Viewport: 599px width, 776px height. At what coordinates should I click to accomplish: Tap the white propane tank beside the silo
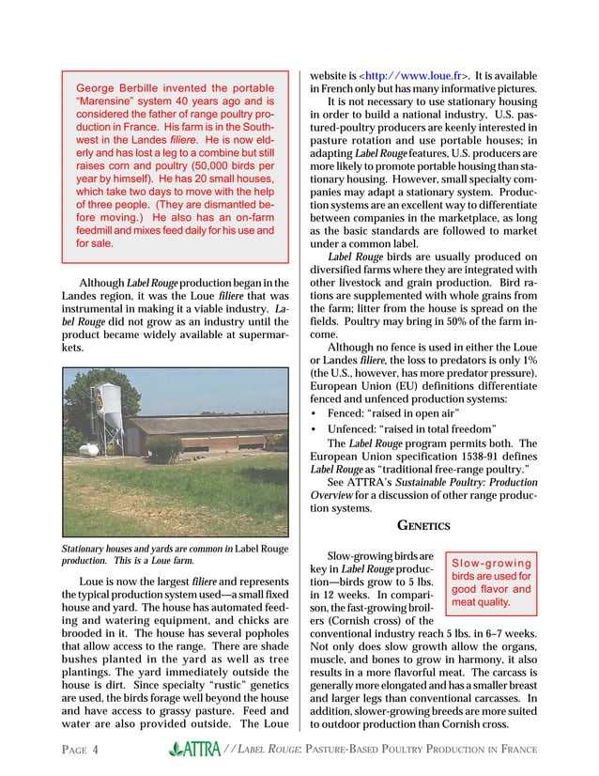pyautogui.click(x=88, y=449)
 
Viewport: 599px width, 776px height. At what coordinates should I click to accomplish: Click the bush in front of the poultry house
pyautogui.click(x=166, y=449)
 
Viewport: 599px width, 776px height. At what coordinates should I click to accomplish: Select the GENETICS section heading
pyautogui.click(x=424, y=524)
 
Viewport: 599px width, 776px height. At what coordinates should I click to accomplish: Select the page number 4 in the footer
pyautogui.click(x=96, y=750)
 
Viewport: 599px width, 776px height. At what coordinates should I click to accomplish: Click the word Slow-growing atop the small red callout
pyautogui.click(x=492, y=563)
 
